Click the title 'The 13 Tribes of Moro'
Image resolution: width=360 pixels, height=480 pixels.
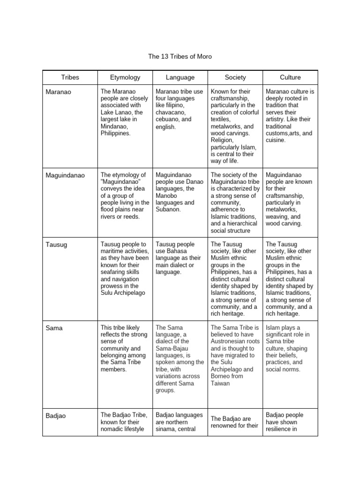click(x=180, y=56)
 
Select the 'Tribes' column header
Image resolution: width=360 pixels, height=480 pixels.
click(x=70, y=77)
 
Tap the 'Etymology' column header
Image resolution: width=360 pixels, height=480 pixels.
click(x=125, y=77)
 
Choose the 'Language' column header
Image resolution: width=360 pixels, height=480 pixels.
click(x=180, y=77)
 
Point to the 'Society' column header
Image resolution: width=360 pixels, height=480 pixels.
click(x=235, y=77)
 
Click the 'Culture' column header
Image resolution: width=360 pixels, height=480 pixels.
click(x=290, y=77)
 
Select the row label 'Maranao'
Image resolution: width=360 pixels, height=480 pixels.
click(x=59, y=92)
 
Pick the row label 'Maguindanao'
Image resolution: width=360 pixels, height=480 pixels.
click(x=65, y=175)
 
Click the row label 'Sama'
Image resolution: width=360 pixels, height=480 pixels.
click(x=54, y=328)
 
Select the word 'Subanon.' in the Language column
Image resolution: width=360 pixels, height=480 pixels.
click(x=168, y=210)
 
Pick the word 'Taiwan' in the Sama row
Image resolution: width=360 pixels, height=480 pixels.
click(x=221, y=383)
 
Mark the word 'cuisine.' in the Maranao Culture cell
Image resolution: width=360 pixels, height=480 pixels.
click(x=276, y=140)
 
